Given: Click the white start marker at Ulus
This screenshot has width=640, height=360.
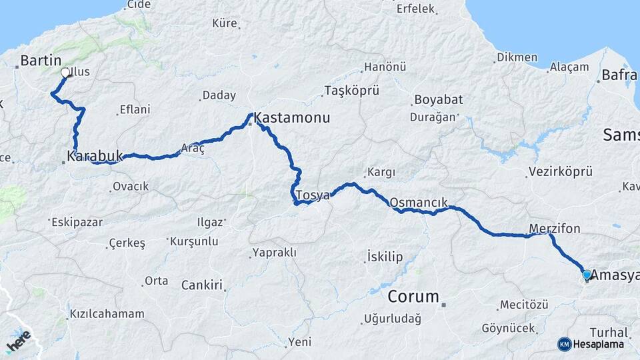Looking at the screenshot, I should [x=65, y=73].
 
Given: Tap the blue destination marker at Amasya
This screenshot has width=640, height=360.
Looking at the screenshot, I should [x=587, y=275].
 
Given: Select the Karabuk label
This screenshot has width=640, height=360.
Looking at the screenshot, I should [x=95, y=156].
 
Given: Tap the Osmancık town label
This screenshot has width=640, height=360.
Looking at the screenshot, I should [x=418, y=202].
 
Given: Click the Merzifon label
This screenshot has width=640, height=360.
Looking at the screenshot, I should [x=554, y=229].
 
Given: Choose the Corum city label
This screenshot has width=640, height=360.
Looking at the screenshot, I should [x=413, y=296].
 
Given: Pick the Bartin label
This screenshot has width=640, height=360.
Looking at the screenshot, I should [x=41, y=61].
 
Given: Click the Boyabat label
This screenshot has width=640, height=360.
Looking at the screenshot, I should [x=438, y=100].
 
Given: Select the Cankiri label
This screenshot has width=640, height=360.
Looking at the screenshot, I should [x=201, y=285].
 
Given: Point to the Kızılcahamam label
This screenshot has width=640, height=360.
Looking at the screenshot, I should [x=107, y=314].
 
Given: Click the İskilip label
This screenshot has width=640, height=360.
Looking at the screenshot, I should [x=386, y=255].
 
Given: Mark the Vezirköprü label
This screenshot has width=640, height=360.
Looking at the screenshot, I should [x=559, y=172].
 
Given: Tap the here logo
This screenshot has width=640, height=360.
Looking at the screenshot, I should [x=18, y=341].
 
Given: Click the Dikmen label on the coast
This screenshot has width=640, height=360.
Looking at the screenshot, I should [x=517, y=57].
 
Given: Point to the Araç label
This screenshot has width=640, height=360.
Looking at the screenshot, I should [x=193, y=149].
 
